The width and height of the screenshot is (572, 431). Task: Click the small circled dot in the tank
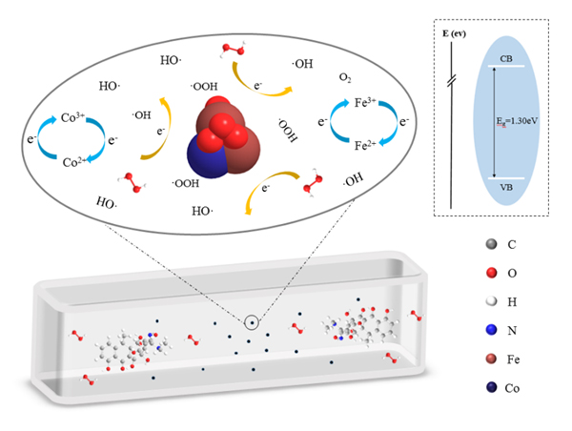[x=251, y=322]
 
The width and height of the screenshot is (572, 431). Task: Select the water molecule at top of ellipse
[x=234, y=49]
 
